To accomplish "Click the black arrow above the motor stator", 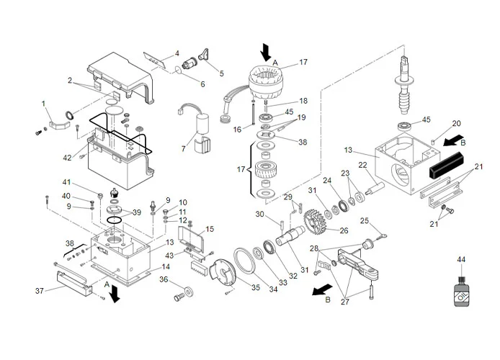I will click(x=267, y=50).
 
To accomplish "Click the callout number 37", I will click(x=39, y=290).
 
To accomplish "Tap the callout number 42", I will click(x=68, y=158).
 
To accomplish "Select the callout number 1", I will click(x=43, y=104).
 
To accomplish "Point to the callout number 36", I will click(x=164, y=279).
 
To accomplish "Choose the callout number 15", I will click(x=210, y=229).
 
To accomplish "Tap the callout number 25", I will click(x=364, y=220).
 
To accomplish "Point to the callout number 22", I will click(x=363, y=165).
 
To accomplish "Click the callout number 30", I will click(x=261, y=214).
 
